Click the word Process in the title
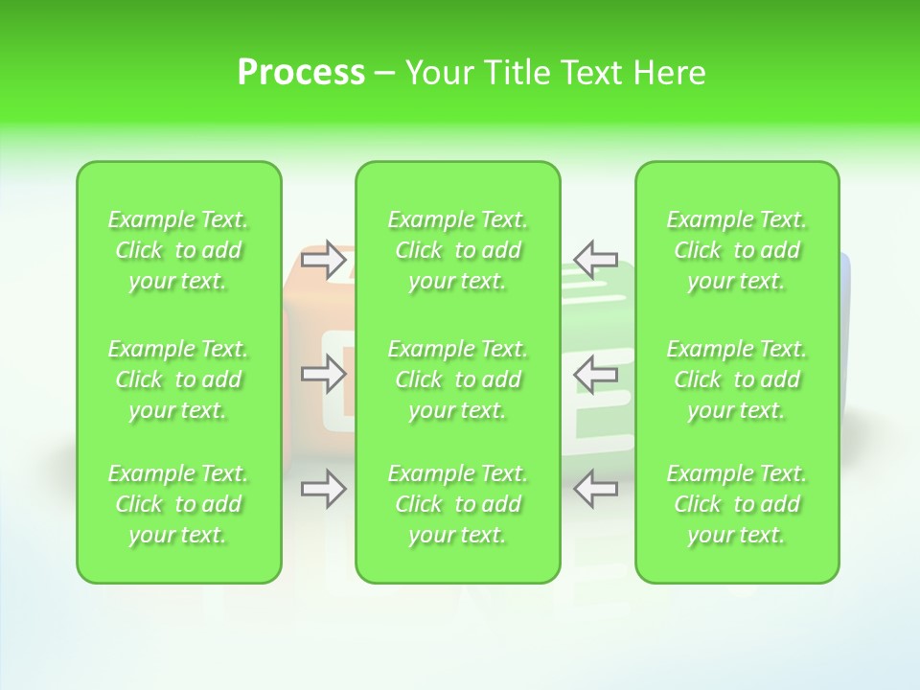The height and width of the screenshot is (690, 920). click(301, 73)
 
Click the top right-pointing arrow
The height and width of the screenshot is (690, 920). click(324, 258)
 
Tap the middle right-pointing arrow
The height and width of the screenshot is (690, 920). click(324, 374)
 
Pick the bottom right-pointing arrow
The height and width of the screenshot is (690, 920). click(324, 489)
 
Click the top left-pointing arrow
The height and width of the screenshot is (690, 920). click(595, 258)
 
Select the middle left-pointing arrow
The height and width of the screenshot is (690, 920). click(595, 374)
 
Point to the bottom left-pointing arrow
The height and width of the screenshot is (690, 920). click(595, 489)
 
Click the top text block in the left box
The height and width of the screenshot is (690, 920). click(178, 250)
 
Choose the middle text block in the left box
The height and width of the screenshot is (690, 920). click(178, 379)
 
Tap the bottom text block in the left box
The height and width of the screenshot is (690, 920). click(178, 504)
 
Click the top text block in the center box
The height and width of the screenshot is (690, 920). click(458, 250)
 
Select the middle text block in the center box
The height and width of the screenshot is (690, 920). click(458, 379)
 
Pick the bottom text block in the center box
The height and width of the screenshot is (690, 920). click(458, 504)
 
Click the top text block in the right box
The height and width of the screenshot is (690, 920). click(737, 250)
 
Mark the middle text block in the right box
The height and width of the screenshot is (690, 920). click(737, 379)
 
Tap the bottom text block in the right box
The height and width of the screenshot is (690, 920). click(737, 504)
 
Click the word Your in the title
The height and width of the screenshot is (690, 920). click(439, 73)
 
